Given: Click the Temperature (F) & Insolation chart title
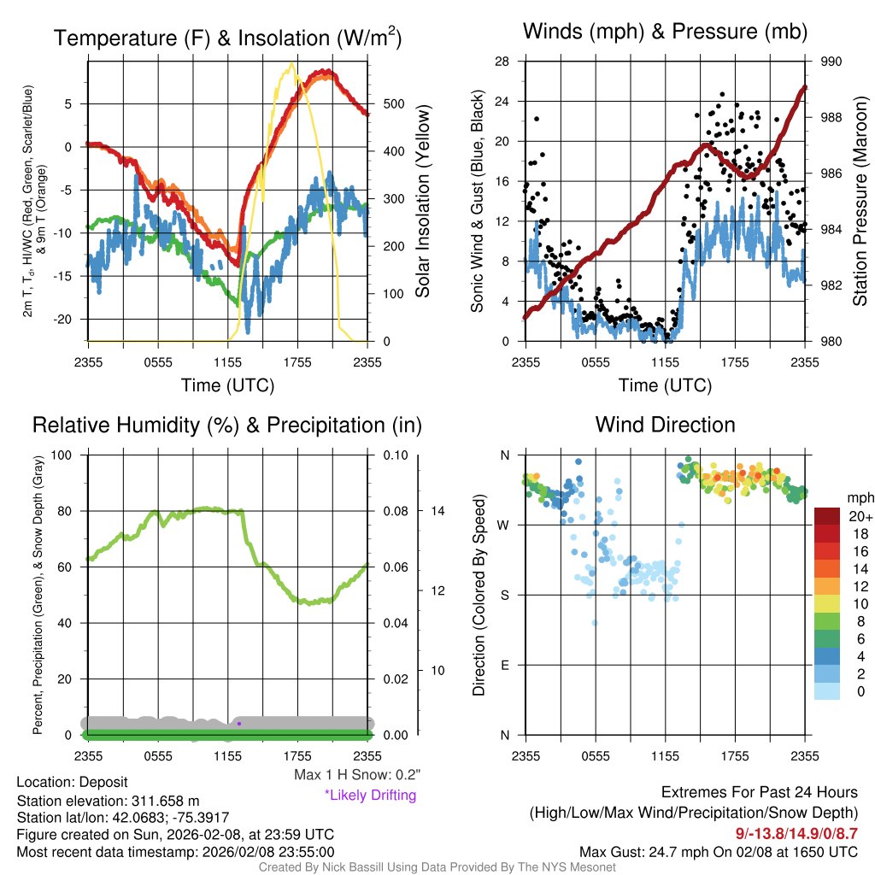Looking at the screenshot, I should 227,38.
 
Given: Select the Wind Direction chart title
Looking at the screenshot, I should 665,425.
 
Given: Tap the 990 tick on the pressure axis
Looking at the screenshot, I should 831,62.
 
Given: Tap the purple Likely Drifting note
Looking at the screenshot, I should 370,795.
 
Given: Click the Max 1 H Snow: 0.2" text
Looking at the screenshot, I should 357,775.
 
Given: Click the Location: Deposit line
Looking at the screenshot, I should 72,783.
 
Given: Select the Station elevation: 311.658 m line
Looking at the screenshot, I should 108,801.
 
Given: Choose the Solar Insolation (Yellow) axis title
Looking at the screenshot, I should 423,201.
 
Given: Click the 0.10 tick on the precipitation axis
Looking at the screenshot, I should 394,455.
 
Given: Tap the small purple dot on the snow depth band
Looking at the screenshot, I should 238,724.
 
